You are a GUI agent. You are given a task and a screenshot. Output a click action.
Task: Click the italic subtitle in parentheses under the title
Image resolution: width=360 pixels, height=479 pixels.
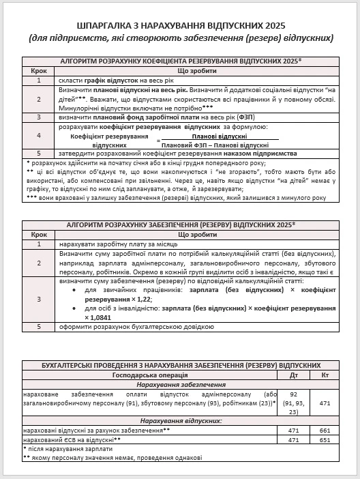(180, 35)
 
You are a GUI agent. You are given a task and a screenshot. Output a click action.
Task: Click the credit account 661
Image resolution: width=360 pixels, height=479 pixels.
(325, 431)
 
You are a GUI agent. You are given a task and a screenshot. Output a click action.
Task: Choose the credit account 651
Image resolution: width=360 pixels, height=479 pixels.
(325, 440)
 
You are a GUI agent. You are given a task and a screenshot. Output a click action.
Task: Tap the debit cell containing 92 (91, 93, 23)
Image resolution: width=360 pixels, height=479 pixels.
(293, 403)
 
